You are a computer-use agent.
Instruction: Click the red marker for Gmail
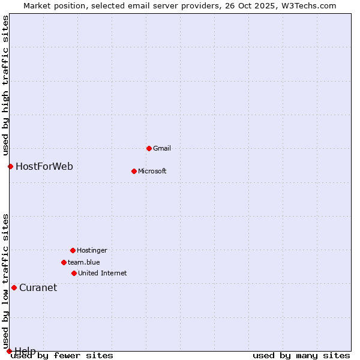pos(149,148)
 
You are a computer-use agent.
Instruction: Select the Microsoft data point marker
pos(134,171)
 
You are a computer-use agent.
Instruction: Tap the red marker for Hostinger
pos(73,250)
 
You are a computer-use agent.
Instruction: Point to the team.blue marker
pos(64,262)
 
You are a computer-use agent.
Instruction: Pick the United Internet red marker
pos(74,273)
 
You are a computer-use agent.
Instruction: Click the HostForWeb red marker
pos(10,166)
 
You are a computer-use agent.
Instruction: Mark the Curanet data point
pos(14,287)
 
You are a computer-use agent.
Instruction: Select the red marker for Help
pos(9,351)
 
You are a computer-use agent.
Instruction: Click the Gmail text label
pos(162,148)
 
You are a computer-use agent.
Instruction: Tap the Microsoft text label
pos(152,171)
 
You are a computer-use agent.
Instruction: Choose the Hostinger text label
pos(92,250)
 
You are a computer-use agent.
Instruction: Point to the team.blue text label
pos(84,262)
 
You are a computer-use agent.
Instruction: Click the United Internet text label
pos(103,273)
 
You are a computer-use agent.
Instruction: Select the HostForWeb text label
pos(44,166)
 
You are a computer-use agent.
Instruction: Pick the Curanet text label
pos(38,287)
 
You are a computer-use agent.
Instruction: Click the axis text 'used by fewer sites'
pos(62,356)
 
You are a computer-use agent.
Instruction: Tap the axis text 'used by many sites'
pos(301,356)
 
